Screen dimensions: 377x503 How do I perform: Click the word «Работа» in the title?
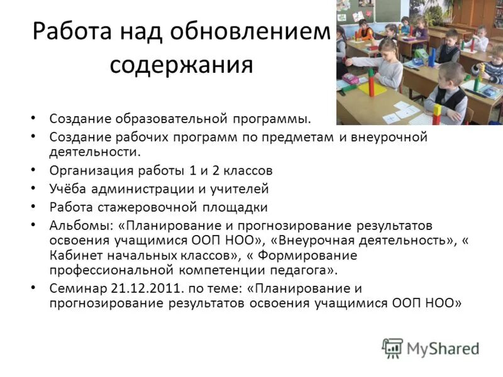point(69,31)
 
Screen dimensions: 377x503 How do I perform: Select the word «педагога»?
point(302,270)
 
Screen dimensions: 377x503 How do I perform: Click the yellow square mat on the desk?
point(371,88)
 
